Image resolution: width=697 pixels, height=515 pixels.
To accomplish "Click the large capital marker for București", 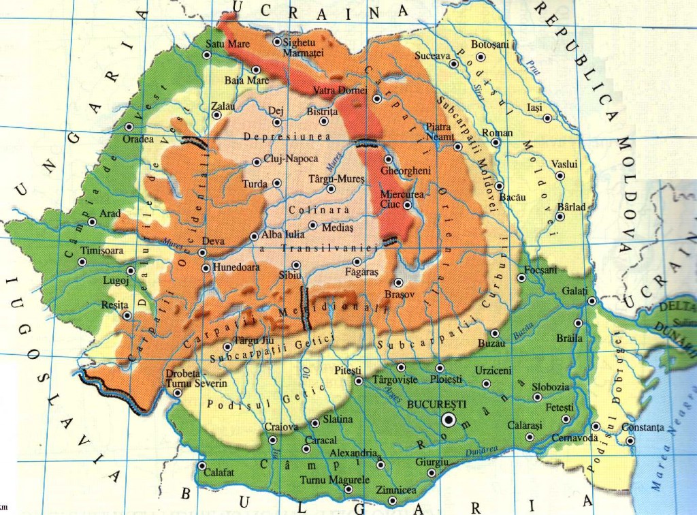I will pos(449,419).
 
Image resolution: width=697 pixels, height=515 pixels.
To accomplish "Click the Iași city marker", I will pos(547,119).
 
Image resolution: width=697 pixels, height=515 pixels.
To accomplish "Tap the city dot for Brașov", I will pos(398,282).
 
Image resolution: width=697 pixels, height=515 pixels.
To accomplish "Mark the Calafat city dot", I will pos(201,467).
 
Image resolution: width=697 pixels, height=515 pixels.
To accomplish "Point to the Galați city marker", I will pos(591,300).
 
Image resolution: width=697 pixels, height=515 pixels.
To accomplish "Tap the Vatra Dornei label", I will pos(340,90).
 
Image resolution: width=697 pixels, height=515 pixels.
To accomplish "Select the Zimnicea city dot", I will pos(399,503).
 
